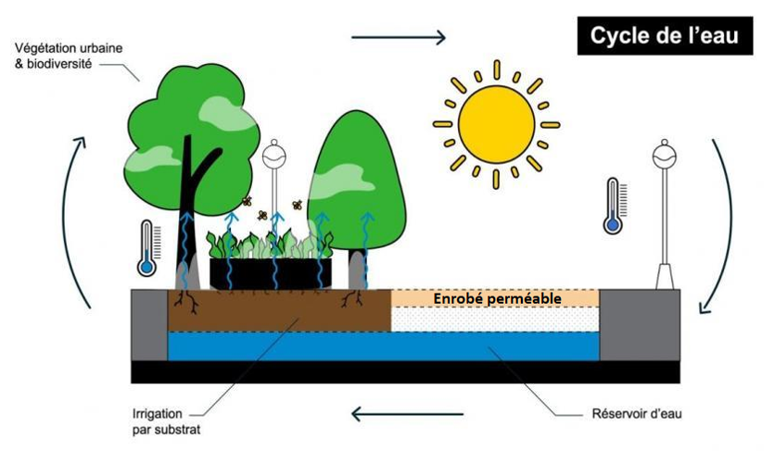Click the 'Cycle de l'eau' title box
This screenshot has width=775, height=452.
pos(664,38)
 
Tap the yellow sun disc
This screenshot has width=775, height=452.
pos(497,123)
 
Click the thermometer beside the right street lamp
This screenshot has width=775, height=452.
pos(613,206)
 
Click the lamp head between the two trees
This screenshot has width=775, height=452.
pos(274,156)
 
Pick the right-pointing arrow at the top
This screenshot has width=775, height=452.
pos(399,38)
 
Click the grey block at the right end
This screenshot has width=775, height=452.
pos(640,324)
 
